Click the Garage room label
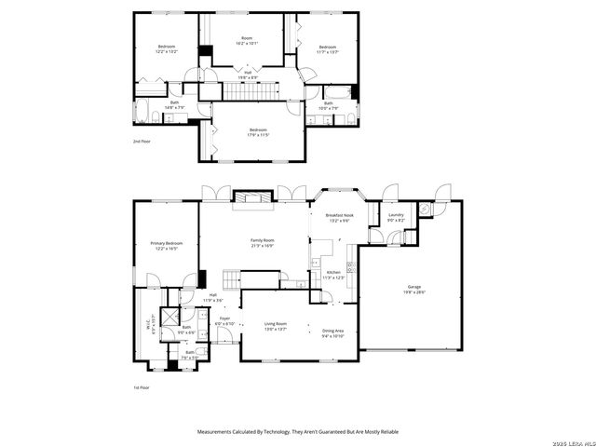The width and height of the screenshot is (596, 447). pyautogui.click(x=414, y=289)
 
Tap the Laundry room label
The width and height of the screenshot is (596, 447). pyautogui.click(x=396, y=217)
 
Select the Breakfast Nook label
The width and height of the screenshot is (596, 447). pyautogui.click(x=338, y=217)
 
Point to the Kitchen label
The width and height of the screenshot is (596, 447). pyautogui.click(x=332, y=275)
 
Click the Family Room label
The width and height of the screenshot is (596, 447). pyautogui.click(x=262, y=242)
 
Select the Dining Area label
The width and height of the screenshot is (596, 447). pyautogui.click(x=332, y=332)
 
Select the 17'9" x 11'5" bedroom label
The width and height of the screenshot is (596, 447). pyautogui.click(x=258, y=132)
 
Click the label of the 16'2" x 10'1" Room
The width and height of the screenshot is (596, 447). pyautogui.click(x=247, y=40)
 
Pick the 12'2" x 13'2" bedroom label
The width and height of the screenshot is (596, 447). pyautogui.click(x=166, y=49)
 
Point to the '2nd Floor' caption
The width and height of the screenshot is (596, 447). pyautogui.click(x=141, y=142)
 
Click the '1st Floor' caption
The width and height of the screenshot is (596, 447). pyautogui.click(x=141, y=386)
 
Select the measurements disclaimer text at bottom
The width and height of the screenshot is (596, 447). pyautogui.click(x=298, y=432)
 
